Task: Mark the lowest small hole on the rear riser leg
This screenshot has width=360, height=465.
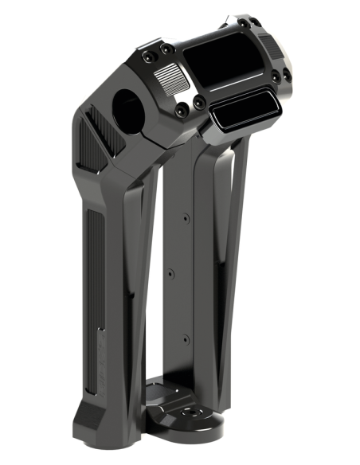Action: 186,338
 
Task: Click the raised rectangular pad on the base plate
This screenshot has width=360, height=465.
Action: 162,394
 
